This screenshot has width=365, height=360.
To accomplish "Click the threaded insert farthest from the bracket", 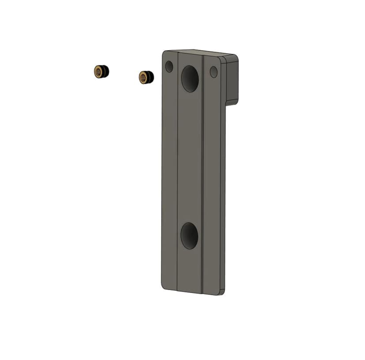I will (x=101, y=71).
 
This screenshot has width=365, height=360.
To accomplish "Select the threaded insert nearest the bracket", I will (x=146, y=77).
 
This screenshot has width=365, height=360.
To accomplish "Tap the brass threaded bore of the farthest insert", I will (x=98, y=71).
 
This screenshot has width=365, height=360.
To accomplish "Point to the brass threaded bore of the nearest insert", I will (x=143, y=78).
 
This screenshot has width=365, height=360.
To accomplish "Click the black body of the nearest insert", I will (x=150, y=77).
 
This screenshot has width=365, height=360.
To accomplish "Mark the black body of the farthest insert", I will (x=105, y=71).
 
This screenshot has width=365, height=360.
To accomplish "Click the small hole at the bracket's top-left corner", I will (x=169, y=67).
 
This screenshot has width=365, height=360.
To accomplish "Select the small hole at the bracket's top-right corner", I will (x=214, y=71).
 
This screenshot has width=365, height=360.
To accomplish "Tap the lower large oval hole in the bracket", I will (x=190, y=236).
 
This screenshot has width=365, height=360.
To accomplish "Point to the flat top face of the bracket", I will (x=198, y=52).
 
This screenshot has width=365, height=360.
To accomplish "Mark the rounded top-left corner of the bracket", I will (x=165, y=53).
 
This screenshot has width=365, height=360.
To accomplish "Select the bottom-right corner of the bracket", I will (x=222, y=292).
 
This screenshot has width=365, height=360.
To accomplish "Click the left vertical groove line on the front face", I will (x=177, y=176).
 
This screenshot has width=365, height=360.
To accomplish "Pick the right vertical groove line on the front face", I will (x=203, y=176).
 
